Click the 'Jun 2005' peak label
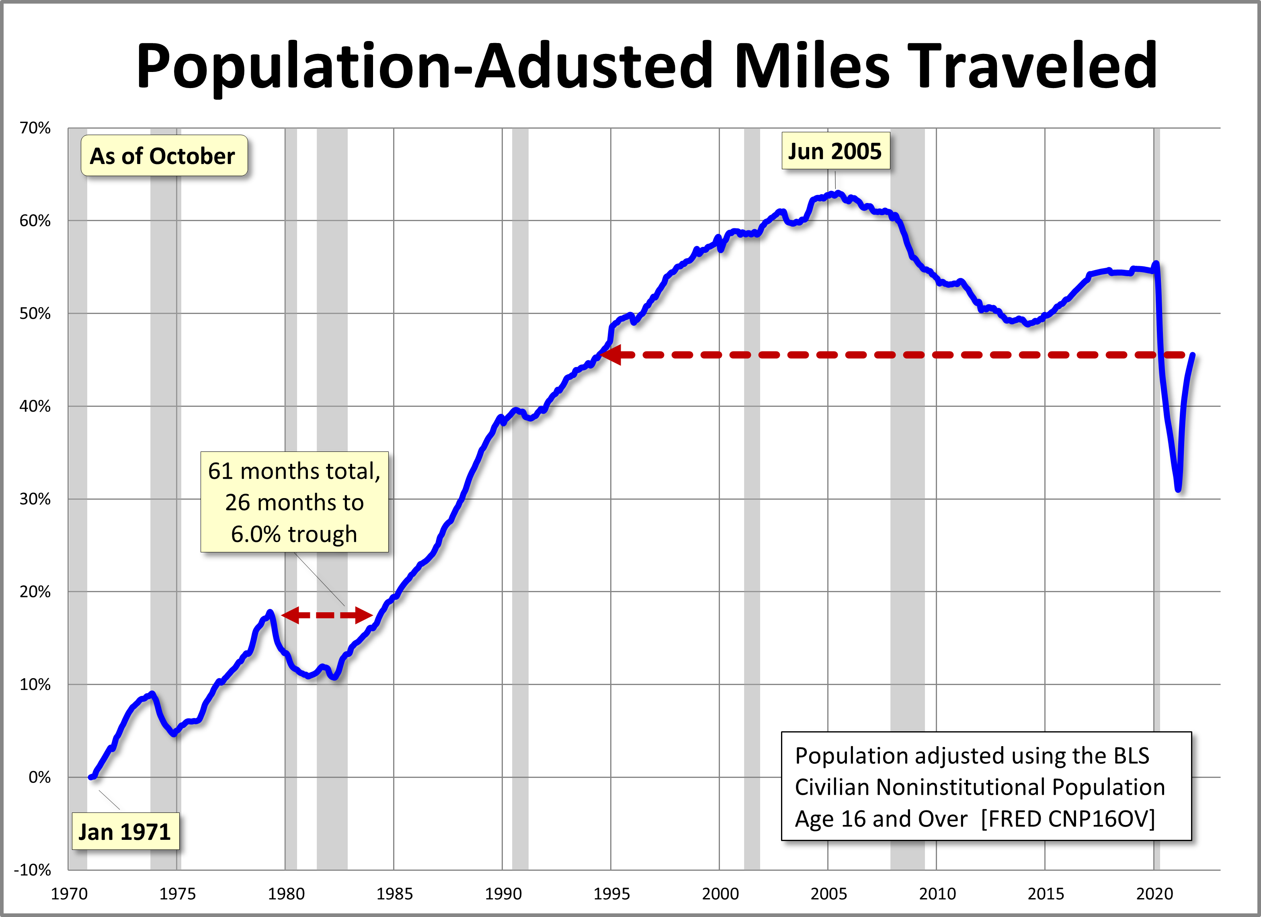(x=835, y=151)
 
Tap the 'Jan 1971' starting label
(x=125, y=832)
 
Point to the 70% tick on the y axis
(x=35, y=128)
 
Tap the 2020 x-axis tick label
(x=1154, y=894)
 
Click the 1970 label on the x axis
(x=69, y=894)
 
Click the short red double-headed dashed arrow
(x=327, y=615)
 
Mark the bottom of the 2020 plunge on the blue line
(x=1178, y=489)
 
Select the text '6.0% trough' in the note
(x=294, y=534)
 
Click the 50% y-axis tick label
(x=35, y=314)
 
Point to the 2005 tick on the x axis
(x=828, y=894)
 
